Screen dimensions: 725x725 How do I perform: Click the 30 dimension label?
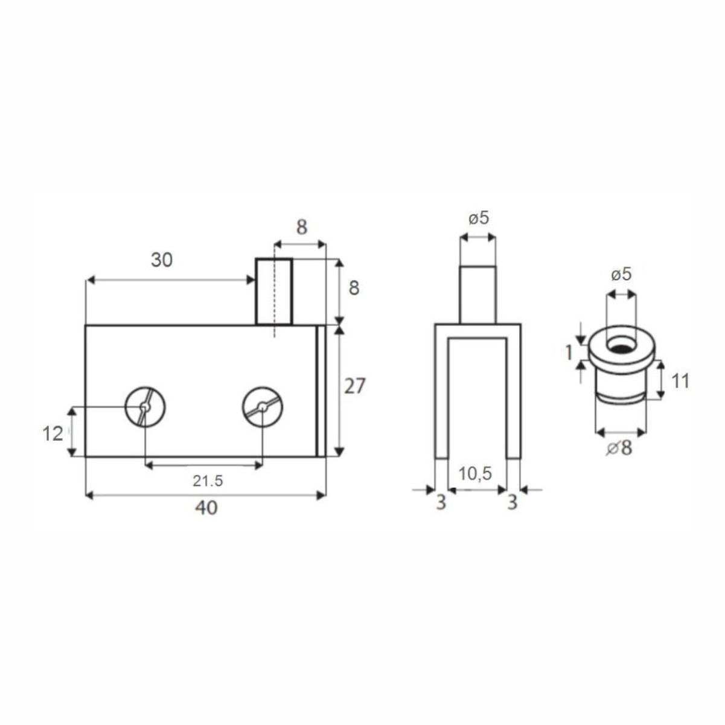click(x=162, y=260)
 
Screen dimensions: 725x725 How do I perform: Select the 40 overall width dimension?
click(x=206, y=508)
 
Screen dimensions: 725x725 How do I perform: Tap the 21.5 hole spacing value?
click(x=208, y=481)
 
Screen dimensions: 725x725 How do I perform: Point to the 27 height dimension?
click(x=355, y=386)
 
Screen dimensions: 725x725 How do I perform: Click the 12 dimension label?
click(x=53, y=434)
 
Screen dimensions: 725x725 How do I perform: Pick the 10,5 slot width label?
click(x=475, y=474)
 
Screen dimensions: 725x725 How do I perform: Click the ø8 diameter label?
click(x=619, y=448)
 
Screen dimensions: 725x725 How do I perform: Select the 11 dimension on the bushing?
click(x=680, y=382)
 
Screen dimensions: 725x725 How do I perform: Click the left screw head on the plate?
click(x=145, y=407)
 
